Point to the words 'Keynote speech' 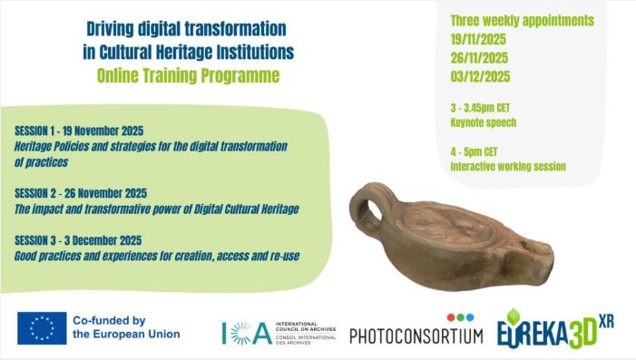(x=483, y=122)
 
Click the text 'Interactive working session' (x=508, y=166)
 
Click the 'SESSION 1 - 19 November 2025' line (x=79, y=131)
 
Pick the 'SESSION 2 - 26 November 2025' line (x=81, y=193)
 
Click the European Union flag (x=42, y=327)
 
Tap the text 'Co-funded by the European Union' (x=126, y=327)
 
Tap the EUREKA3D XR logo (x=554, y=328)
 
